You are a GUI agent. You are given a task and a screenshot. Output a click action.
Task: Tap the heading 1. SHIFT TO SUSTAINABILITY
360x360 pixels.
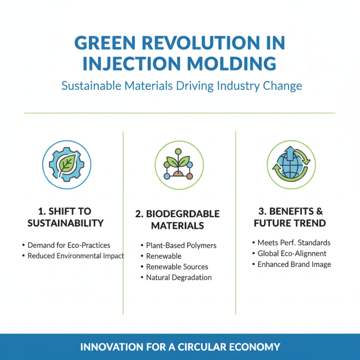coord(66,217)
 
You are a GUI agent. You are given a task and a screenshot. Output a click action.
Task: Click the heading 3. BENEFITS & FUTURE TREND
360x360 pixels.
coord(290,217)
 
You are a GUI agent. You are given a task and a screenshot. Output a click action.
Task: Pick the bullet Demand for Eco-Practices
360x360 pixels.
coord(69,245)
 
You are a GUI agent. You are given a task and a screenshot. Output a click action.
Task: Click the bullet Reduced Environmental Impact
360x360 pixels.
coord(76,256)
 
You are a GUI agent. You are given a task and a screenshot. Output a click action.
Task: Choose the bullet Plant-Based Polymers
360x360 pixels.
coord(181,245)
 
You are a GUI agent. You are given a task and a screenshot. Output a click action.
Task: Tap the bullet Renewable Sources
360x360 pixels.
coord(177,267)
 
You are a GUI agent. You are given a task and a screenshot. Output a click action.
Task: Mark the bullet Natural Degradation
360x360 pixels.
coord(179,278)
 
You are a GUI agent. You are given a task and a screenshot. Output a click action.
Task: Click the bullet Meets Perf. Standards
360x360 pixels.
coord(294,243)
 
